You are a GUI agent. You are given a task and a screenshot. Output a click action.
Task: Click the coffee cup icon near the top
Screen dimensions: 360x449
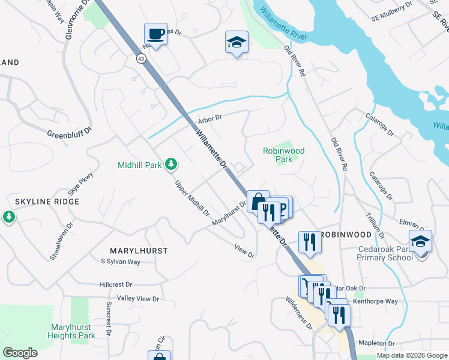[155, 34]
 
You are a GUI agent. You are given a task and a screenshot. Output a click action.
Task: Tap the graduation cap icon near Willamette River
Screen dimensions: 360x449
[237, 42]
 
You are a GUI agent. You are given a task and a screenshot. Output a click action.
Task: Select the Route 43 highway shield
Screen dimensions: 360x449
[141, 58]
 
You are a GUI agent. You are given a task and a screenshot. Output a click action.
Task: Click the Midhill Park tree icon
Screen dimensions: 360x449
[171, 164]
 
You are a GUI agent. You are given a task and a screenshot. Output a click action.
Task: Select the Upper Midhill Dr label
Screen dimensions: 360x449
[192, 197]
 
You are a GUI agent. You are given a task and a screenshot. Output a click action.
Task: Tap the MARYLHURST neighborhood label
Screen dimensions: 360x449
[139, 250]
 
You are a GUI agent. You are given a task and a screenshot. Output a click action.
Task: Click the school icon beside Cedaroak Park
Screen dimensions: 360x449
[420, 241]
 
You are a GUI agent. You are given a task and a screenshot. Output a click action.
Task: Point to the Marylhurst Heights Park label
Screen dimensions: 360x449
[71, 331]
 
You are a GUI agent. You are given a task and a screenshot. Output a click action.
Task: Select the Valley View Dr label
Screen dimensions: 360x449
[138, 298]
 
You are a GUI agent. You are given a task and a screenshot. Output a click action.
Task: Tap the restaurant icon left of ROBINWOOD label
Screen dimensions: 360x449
[309, 242]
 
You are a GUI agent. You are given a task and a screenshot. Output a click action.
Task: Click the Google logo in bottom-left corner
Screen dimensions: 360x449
[20, 352]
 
